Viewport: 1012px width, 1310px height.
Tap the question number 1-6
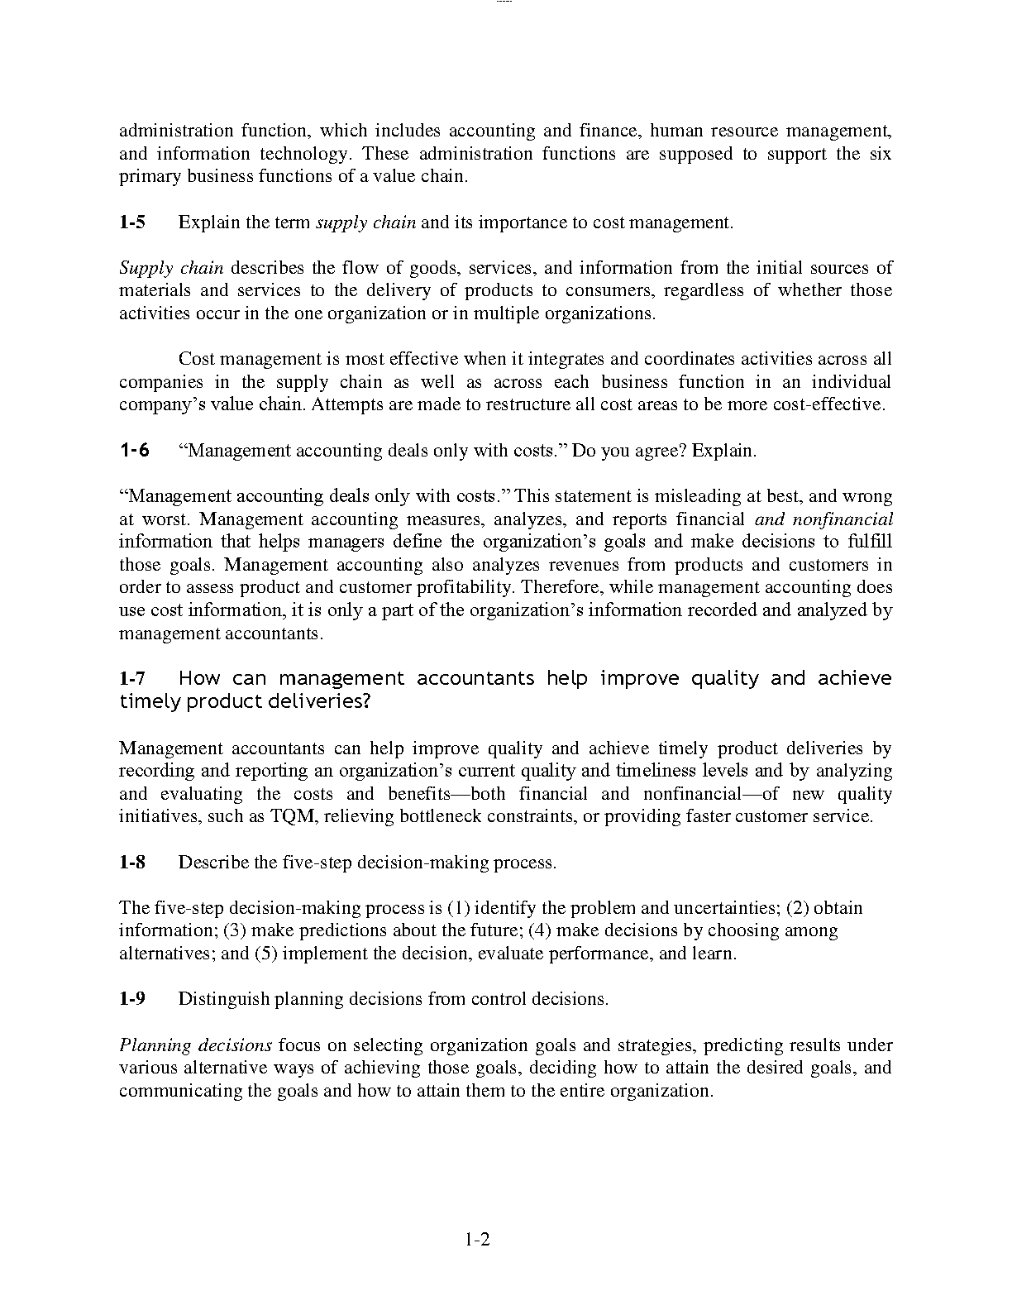point(135,451)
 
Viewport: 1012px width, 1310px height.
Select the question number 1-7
point(132,679)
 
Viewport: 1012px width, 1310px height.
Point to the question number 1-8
point(132,863)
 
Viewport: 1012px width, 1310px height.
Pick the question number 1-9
point(132,999)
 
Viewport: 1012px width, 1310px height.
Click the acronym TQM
point(291,817)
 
